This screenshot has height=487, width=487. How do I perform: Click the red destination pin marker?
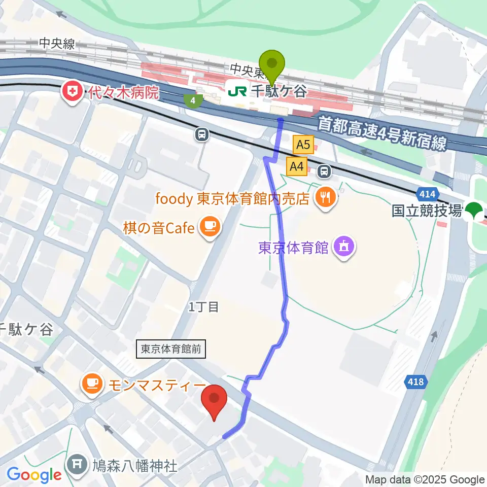pyautogui.click(x=214, y=401)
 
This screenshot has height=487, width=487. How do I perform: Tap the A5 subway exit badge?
pyautogui.click(x=303, y=145)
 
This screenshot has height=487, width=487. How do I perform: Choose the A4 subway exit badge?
pyautogui.click(x=297, y=166)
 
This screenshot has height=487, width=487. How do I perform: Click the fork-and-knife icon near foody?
pyautogui.click(x=325, y=197)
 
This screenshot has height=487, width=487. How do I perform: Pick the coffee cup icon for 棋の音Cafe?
pyautogui.click(x=209, y=226)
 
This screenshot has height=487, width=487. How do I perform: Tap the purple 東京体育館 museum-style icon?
pyautogui.click(x=344, y=248)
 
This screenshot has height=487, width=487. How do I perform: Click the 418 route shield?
pyautogui.click(x=417, y=381)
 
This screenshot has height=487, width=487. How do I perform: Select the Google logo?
pyautogui.click(x=34, y=475)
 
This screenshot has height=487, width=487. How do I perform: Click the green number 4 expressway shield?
pyautogui.click(x=193, y=100)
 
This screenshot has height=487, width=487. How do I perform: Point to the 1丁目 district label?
pyautogui.click(x=203, y=307)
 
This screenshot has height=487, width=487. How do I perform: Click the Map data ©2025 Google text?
pyautogui.click(x=425, y=480)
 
